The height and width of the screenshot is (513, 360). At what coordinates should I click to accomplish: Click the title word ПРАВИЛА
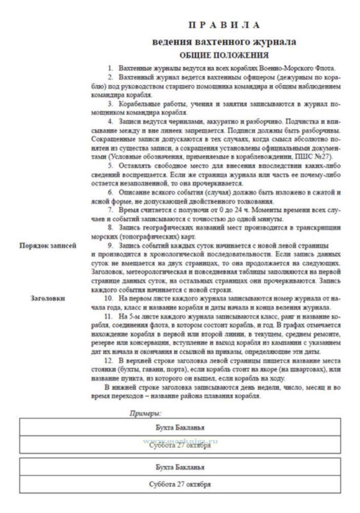click(x=224, y=25)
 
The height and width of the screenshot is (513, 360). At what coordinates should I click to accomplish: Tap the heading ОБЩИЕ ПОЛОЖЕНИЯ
click(x=224, y=55)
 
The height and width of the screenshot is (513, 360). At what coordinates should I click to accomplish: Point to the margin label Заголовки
click(x=48, y=298)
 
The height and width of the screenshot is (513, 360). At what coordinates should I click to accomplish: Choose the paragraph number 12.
click(x=108, y=361)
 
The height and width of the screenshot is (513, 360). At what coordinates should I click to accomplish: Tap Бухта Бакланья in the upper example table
click(x=180, y=427)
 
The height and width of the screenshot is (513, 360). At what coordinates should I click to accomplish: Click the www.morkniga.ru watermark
click(x=180, y=442)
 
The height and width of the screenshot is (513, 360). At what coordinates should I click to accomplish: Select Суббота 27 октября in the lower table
click(x=180, y=484)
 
